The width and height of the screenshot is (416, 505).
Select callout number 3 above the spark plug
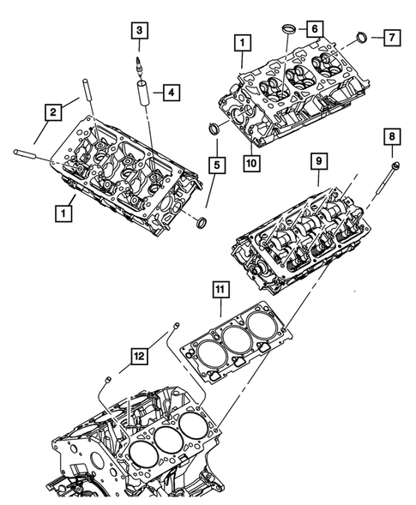(x=138, y=32)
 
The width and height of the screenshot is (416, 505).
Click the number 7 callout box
(x=391, y=39)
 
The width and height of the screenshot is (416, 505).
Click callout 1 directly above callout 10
(x=244, y=40)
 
